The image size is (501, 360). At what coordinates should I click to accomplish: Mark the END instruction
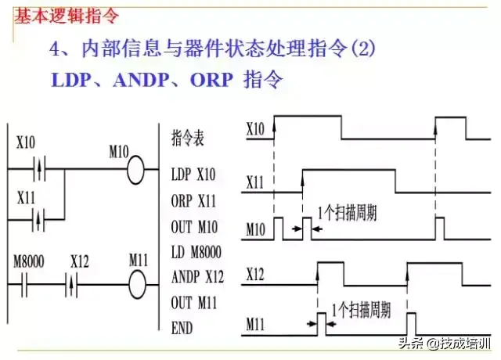click(182, 329)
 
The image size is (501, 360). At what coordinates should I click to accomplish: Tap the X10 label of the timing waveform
click(254, 125)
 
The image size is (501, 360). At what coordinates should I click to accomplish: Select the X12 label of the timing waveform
click(255, 275)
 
